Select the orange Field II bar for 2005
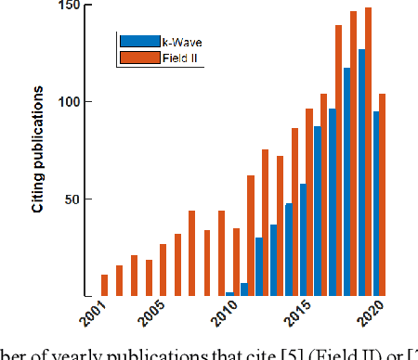coord(163,271)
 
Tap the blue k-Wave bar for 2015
coord(303,240)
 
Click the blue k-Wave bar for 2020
coord(376,204)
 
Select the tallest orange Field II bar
coord(368,152)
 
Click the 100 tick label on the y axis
coord(70,102)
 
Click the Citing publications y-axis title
coord(39,150)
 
